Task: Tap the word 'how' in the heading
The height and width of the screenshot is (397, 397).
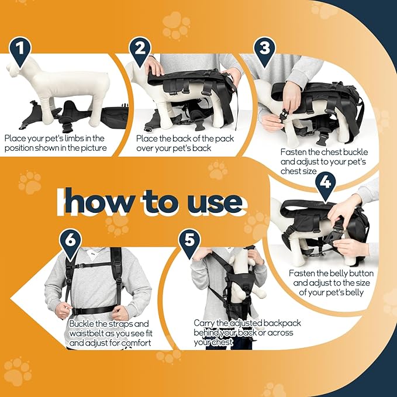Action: pos(99,201)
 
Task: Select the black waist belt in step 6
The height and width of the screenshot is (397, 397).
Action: pos(93,310)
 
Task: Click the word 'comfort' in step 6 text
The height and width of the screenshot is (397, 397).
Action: pos(136,343)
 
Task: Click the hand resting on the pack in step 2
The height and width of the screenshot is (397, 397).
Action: pos(154,65)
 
